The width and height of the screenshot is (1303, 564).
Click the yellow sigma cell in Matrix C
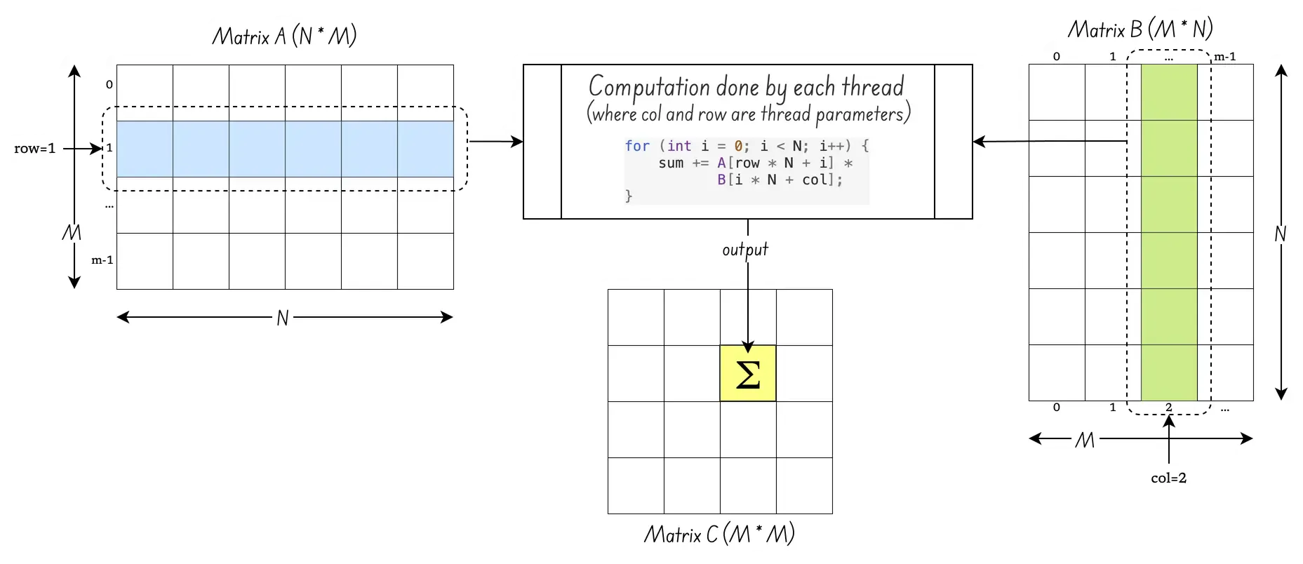pyautogui.click(x=748, y=373)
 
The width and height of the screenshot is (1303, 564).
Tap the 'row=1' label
pyautogui.click(x=34, y=149)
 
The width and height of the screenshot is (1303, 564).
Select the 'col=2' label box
pyautogui.click(x=1168, y=478)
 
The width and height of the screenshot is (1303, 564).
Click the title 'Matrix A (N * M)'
pyautogui.click(x=284, y=36)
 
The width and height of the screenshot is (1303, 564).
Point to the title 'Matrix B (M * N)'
pyautogui.click(x=1140, y=29)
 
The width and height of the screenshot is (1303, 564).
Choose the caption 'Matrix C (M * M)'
pyautogui.click(x=719, y=535)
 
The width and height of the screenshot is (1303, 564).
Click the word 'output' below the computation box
pyautogui.click(x=745, y=250)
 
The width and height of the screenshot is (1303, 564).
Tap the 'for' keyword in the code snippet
pyautogui.click(x=637, y=146)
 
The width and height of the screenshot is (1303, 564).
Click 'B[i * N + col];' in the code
pyautogui.click(x=780, y=180)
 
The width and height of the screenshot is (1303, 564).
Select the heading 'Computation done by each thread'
pyautogui.click(x=746, y=87)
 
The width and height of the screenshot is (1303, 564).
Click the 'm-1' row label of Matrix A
pyautogui.click(x=102, y=260)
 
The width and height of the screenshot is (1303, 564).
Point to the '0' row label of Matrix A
pyautogui.click(x=109, y=85)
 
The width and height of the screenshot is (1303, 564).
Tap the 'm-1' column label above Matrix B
pyautogui.click(x=1225, y=57)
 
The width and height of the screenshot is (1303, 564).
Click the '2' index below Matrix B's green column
pyautogui.click(x=1168, y=407)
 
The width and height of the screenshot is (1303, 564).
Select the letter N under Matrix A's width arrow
pyautogui.click(x=282, y=318)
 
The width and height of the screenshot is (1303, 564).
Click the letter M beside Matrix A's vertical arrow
pyautogui.click(x=72, y=233)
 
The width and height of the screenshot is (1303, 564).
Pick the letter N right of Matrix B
pyautogui.click(x=1280, y=234)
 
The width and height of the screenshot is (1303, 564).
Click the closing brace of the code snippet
pyautogui.click(x=629, y=196)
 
